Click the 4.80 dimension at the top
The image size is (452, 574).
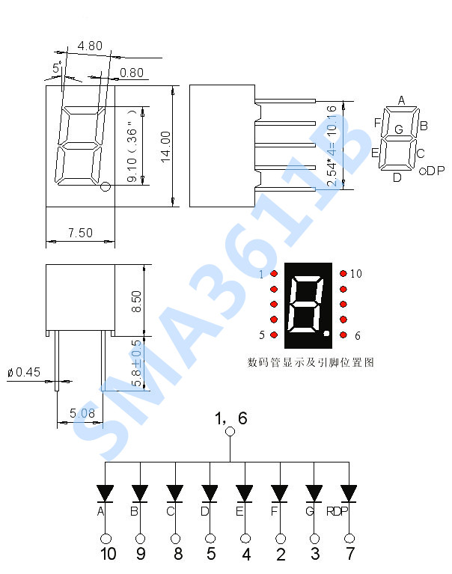point(90,46)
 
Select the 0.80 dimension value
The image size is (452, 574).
point(132,73)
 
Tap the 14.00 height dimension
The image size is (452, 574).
point(166,146)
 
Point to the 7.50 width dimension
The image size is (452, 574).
point(80,233)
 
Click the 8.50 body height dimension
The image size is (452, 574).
point(136,301)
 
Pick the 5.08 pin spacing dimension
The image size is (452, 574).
point(82,412)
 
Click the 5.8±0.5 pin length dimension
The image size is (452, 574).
point(136,363)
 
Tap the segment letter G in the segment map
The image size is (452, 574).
point(399,130)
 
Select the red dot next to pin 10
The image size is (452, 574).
point(343,274)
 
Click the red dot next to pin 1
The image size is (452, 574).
point(274,274)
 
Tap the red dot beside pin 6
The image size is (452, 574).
point(343,335)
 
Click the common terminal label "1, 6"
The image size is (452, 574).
point(230,418)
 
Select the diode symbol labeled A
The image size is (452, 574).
point(106,492)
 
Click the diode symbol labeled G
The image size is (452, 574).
point(314,492)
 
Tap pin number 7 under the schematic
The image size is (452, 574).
point(349,554)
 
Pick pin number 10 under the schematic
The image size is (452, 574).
point(108,554)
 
